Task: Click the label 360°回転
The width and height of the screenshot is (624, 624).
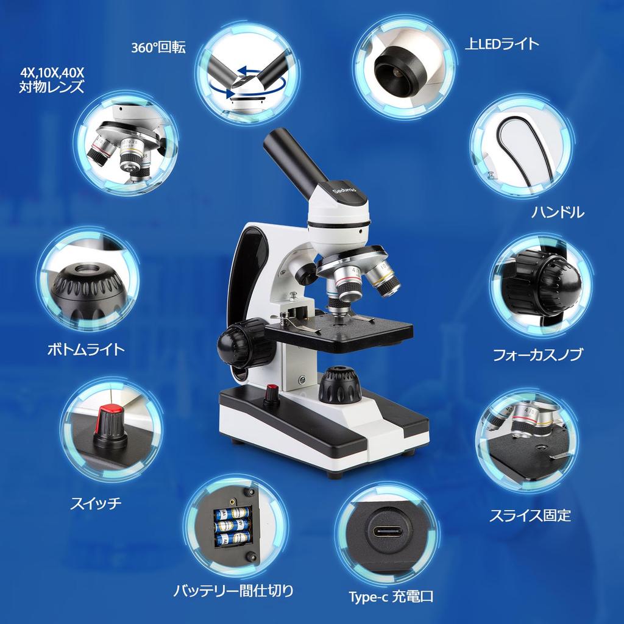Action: (x=158, y=48)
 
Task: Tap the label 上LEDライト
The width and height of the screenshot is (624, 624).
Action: (x=502, y=43)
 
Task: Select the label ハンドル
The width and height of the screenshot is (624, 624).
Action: (x=558, y=212)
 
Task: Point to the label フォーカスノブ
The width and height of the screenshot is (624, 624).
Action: (x=537, y=355)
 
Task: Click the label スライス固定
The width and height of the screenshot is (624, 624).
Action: (x=530, y=516)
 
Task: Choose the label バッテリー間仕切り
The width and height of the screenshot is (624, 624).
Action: (x=233, y=590)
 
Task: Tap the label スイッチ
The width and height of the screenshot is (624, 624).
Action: (x=96, y=503)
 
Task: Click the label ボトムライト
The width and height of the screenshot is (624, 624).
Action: (x=86, y=349)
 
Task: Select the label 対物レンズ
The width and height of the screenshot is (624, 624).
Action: (x=51, y=87)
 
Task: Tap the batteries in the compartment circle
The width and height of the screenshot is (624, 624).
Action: (x=232, y=525)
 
